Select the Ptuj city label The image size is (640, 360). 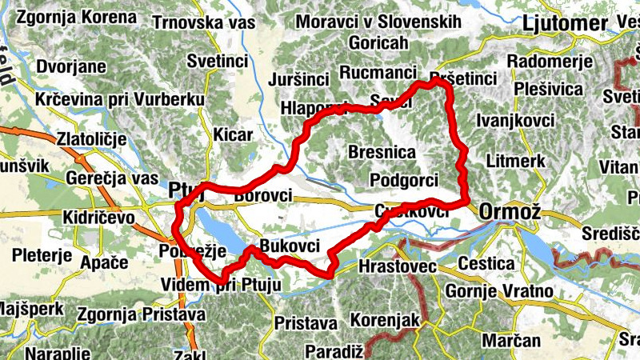click(186, 192)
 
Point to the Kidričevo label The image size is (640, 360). click(101, 218)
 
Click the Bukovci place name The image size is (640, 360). click(290, 246)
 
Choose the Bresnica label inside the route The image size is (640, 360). click(382, 151)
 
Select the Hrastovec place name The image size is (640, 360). click(397, 265)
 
